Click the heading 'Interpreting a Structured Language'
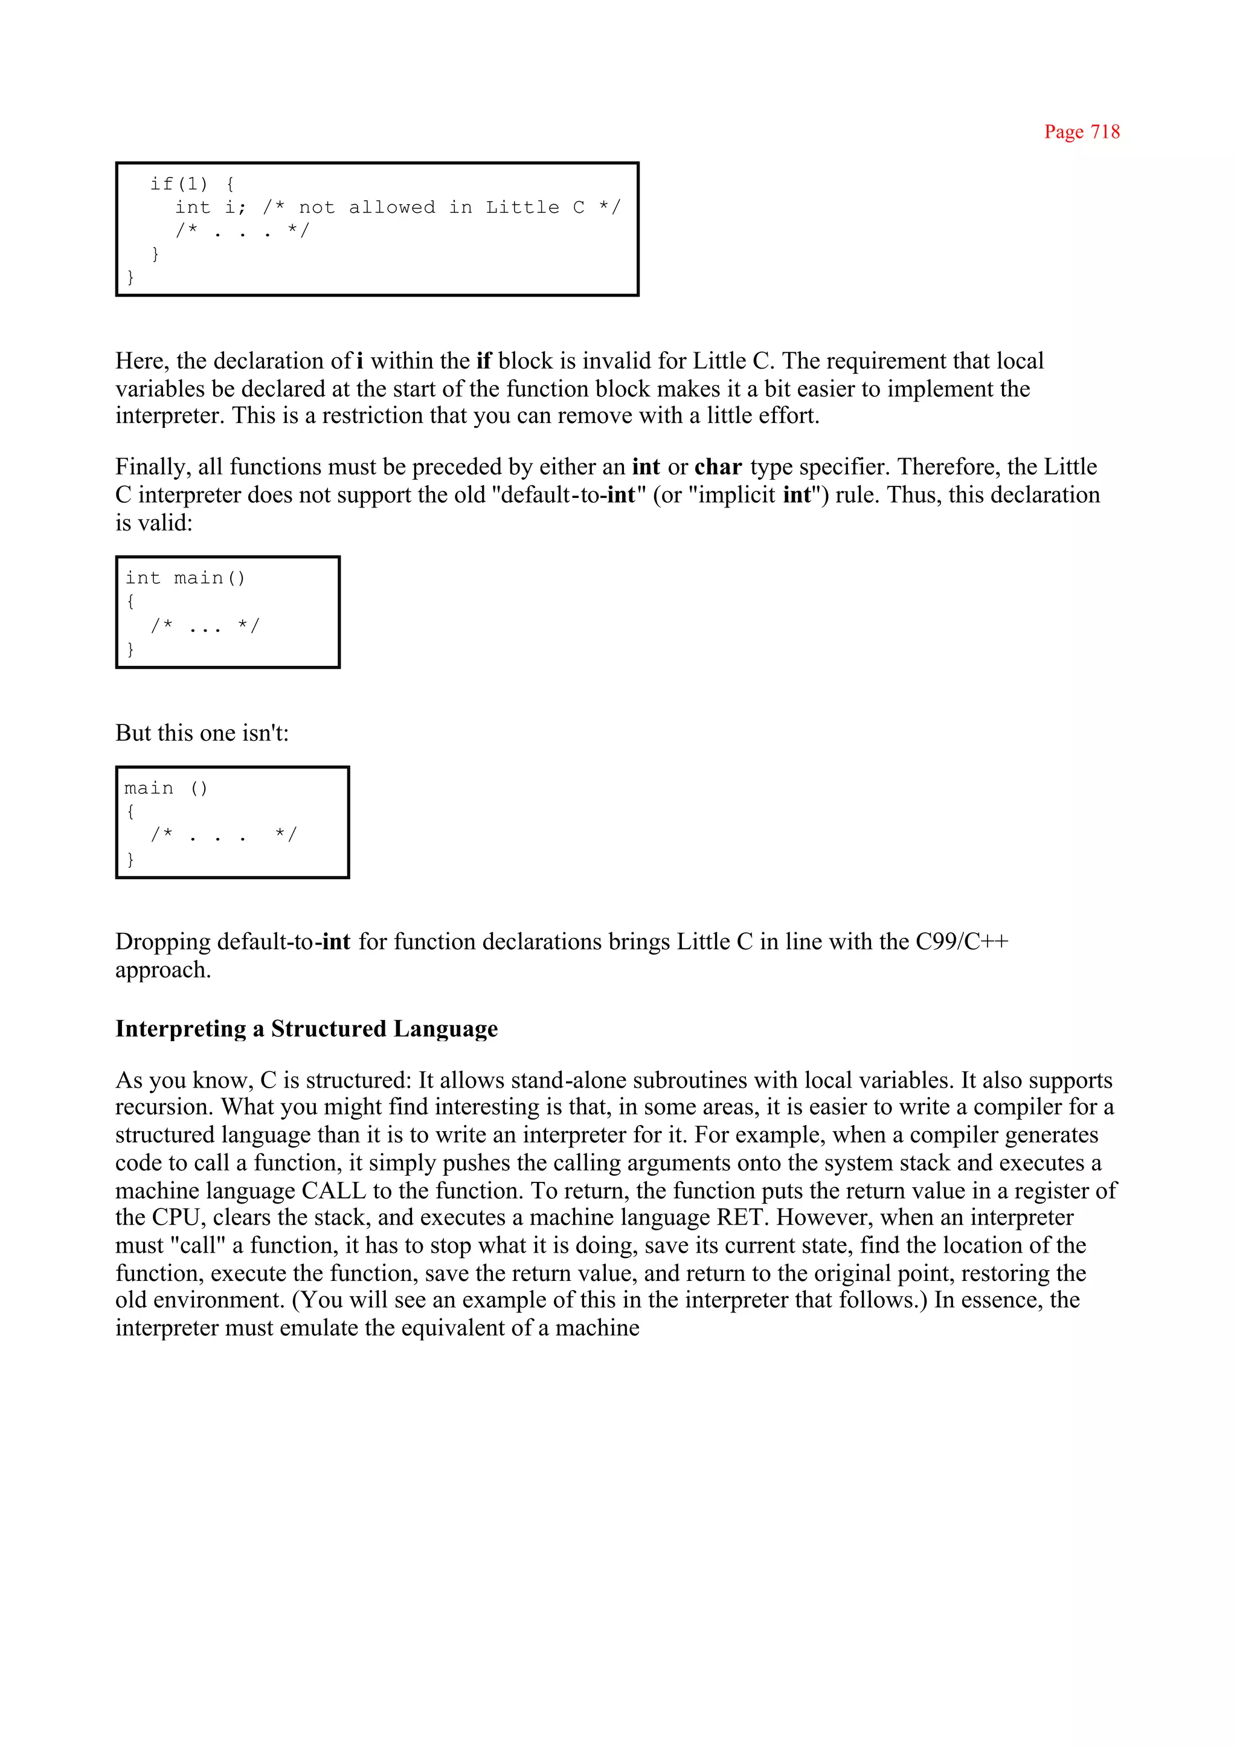pos(306,1029)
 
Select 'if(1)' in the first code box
pos(178,184)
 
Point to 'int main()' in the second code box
pos(185,578)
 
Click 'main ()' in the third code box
pos(166,788)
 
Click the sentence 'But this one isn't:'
pos(202,732)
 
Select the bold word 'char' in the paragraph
pos(718,466)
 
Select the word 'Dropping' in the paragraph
pos(164,942)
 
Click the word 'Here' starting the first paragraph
pos(142,361)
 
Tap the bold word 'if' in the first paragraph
pos(484,361)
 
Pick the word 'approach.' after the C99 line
pos(163,970)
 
